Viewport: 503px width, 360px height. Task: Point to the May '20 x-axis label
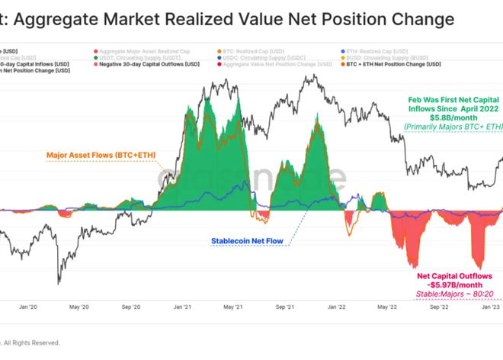point(79,307)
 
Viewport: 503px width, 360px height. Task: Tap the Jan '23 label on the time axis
point(491,307)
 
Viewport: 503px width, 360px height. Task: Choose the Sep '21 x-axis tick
point(286,307)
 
